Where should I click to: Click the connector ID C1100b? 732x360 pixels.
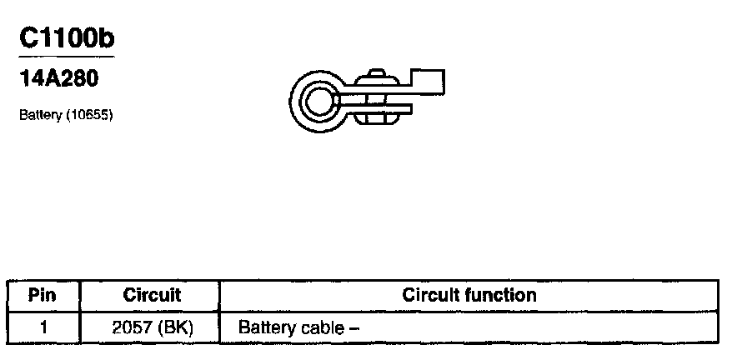64,38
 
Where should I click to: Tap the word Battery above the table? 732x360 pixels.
38,114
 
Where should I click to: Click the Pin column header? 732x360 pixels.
42,295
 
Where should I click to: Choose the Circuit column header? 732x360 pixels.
152,295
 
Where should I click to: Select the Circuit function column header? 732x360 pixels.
469,295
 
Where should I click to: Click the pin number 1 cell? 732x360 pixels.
42,327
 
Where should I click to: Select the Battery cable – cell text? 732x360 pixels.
298,327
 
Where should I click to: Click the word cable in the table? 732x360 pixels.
318,327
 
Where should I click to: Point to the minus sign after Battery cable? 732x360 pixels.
353,327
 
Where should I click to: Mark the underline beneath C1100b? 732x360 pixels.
65,57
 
